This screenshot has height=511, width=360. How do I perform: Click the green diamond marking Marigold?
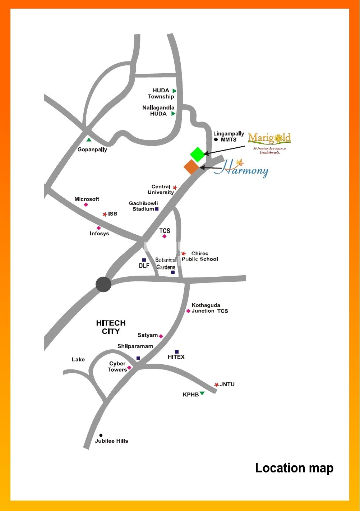(197, 154)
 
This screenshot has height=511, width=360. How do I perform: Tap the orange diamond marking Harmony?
(191, 167)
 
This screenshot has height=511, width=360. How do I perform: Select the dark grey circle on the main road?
(103, 284)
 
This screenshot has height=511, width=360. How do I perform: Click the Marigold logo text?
(269, 138)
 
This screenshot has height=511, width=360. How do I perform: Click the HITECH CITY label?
(111, 327)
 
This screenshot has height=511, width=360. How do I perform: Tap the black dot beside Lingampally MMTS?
(216, 139)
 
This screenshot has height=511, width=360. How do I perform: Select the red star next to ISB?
(105, 214)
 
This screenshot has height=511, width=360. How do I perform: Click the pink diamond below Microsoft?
(86, 205)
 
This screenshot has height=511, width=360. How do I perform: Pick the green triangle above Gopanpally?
(89, 139)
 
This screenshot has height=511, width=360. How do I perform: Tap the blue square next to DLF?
(144, 260)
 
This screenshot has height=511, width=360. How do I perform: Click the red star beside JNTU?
(216, 385)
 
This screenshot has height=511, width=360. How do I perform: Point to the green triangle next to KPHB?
(202, 393)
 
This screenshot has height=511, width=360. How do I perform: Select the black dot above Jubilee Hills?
(101, 435)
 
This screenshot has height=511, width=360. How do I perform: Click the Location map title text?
(294, 468)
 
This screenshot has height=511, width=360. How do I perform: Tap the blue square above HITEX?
(177, 351)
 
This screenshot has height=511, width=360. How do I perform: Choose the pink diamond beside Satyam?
(161, 336)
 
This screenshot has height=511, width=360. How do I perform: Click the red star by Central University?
(175, 188)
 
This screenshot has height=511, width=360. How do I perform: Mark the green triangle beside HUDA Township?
(174, 91)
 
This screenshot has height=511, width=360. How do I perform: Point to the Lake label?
(78, 359)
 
